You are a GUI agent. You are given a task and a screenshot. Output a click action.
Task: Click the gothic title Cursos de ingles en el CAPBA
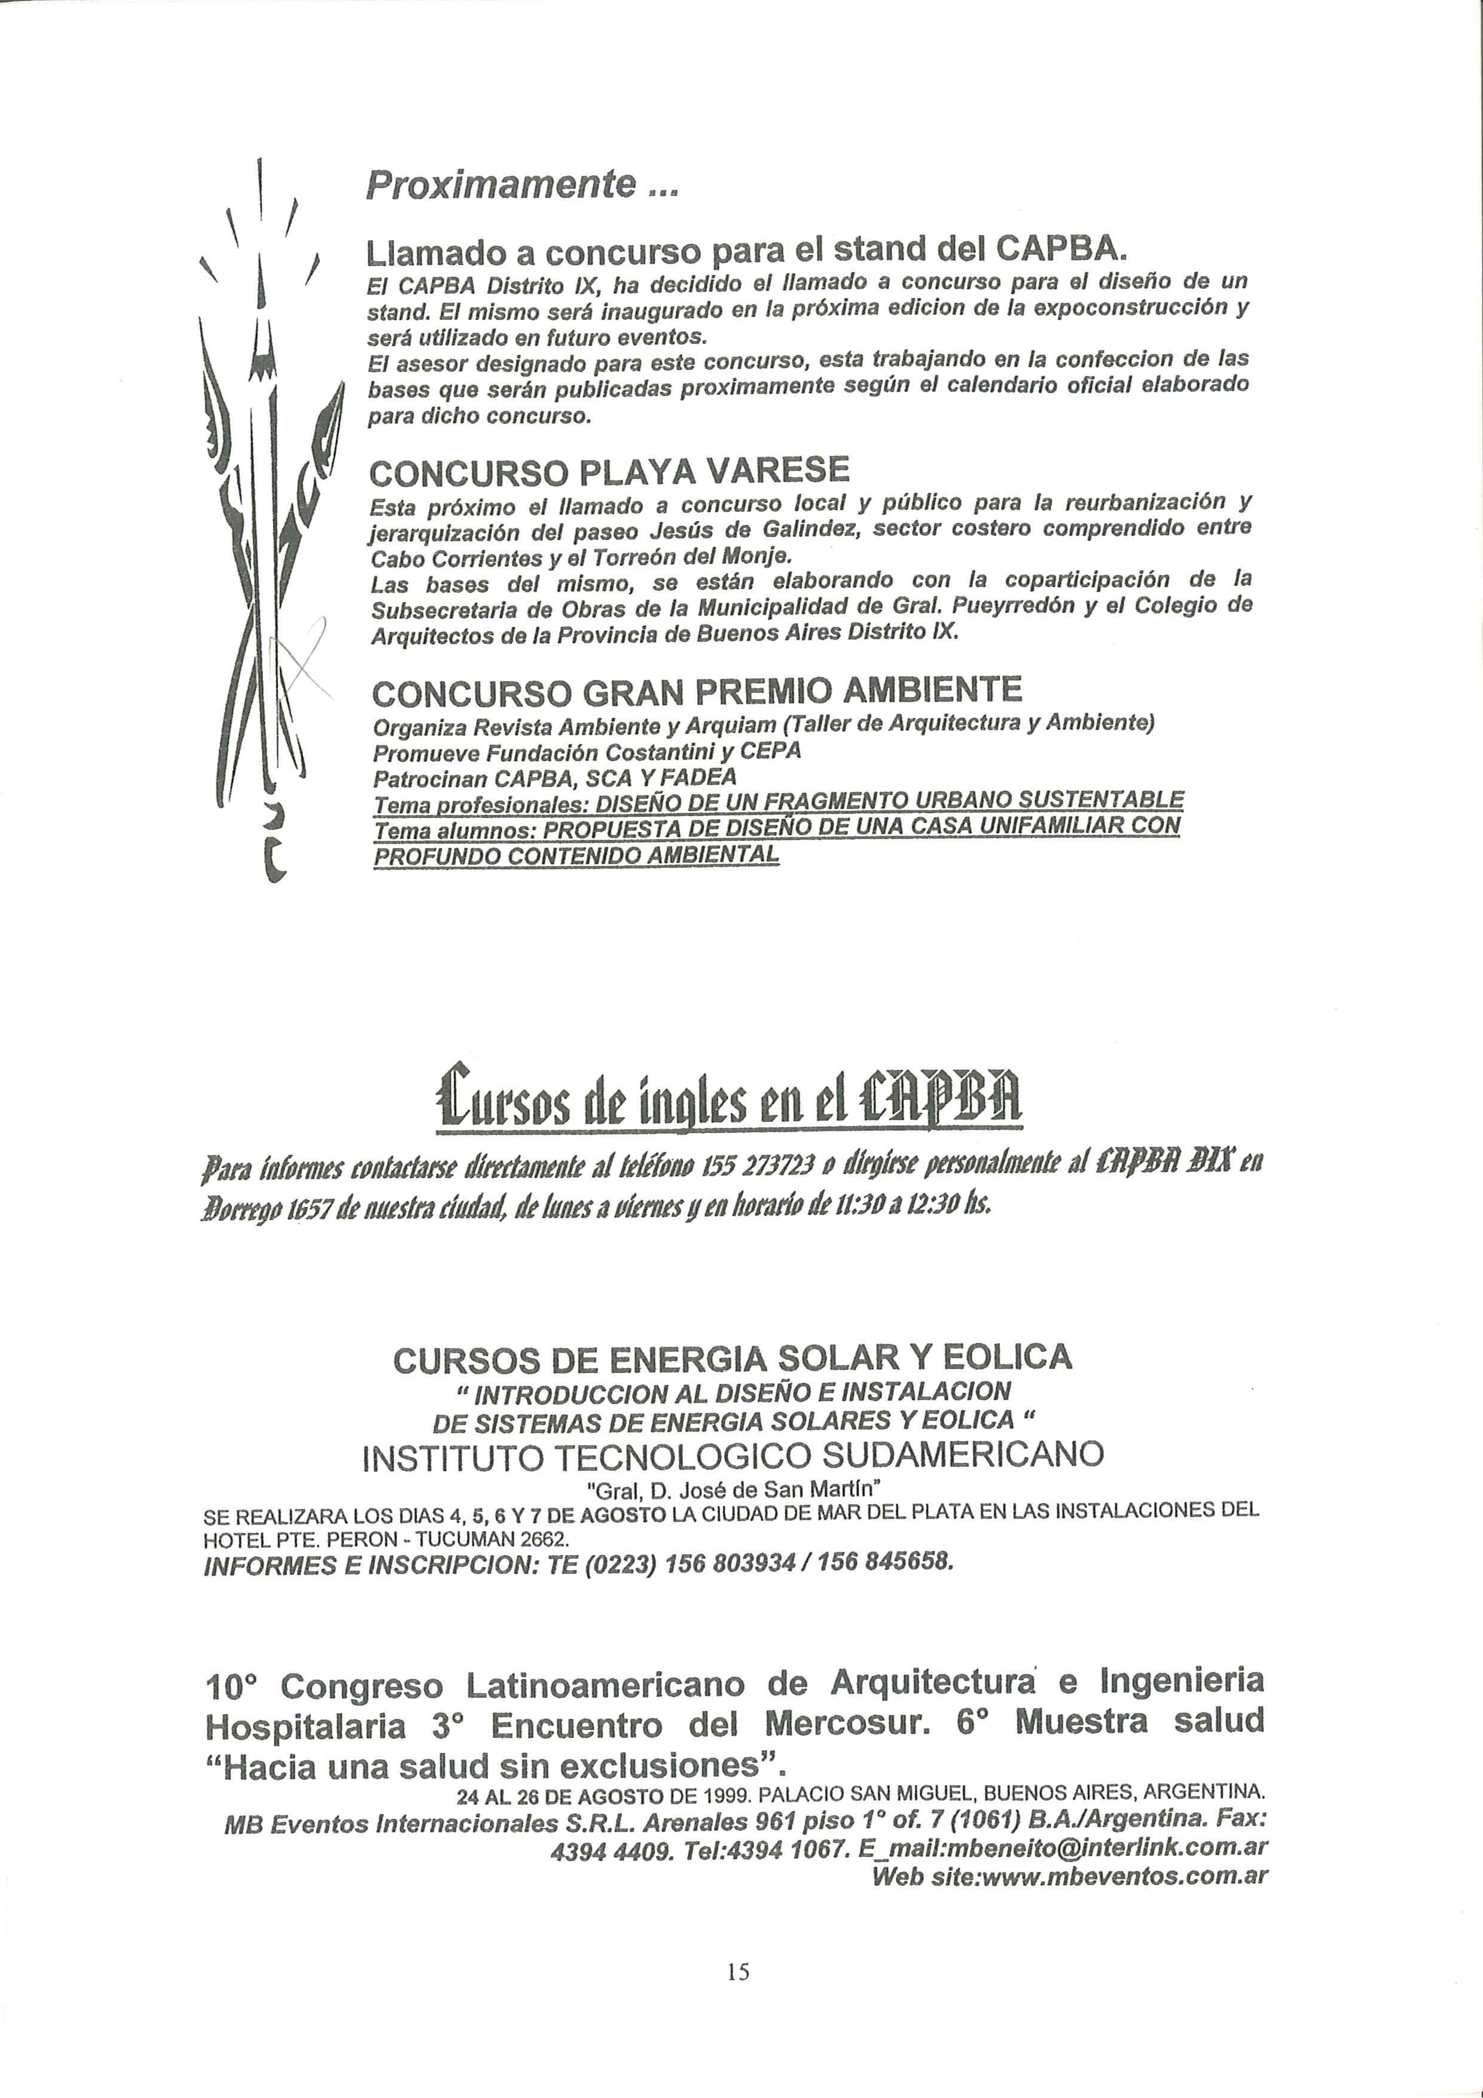click(729, 1096)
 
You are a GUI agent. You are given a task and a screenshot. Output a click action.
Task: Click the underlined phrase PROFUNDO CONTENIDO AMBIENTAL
click(576, 855)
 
